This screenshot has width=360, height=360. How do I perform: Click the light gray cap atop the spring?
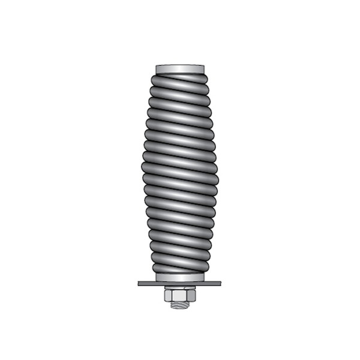click(x=180, y=69)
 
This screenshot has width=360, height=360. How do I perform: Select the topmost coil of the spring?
click(x=180, y=79)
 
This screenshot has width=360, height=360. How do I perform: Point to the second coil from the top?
click(x=180, y=90)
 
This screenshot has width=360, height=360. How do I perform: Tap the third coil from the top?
click(x=180, y=102)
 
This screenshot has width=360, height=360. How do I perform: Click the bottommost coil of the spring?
click(x=180, y=268)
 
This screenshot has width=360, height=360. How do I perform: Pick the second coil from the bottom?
click(x=180, y=257)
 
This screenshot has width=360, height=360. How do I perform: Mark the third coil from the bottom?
click(x=180, y=245)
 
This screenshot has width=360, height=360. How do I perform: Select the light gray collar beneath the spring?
click(x=180, y=278)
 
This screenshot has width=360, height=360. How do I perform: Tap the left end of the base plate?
click(x=140, y=283)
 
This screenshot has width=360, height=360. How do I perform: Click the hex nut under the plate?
click(x=180, y=295)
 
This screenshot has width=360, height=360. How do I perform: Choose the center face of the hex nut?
click(x=180, y=295)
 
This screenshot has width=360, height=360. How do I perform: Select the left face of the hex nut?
click(x=168, y=295)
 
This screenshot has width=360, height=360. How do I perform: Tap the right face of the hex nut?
click(x=192, y=295)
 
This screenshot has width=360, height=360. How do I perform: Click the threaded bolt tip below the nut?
click(x=180, y=305)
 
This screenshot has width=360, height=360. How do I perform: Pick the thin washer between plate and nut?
click(x=180, y=288)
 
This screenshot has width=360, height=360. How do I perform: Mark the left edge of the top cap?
click(x=157, y=69)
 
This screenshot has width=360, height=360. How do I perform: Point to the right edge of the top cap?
click(x=203, y=69)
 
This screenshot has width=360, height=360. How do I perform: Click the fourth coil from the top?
click(x=180, y=114)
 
